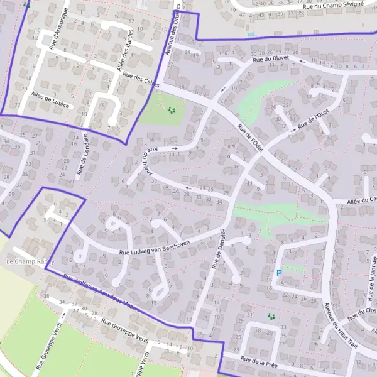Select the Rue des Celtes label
point(141,81)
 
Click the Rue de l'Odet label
point(250,137)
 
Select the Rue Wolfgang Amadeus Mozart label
point(101,290)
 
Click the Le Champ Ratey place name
point(30,261)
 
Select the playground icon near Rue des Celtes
point(172,111)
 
